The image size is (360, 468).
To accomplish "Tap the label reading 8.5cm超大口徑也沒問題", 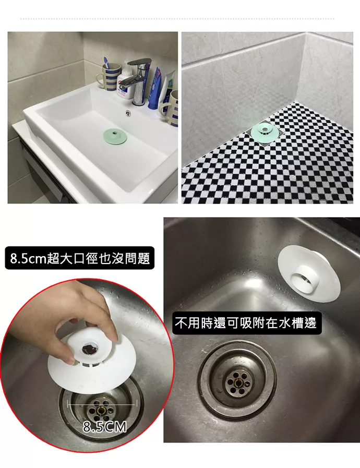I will click(80, 258).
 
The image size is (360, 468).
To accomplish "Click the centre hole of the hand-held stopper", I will click(91, 345).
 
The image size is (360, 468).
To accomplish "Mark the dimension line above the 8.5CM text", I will click(102, 404).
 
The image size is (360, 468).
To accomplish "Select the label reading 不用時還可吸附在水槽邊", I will click(246, 323).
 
